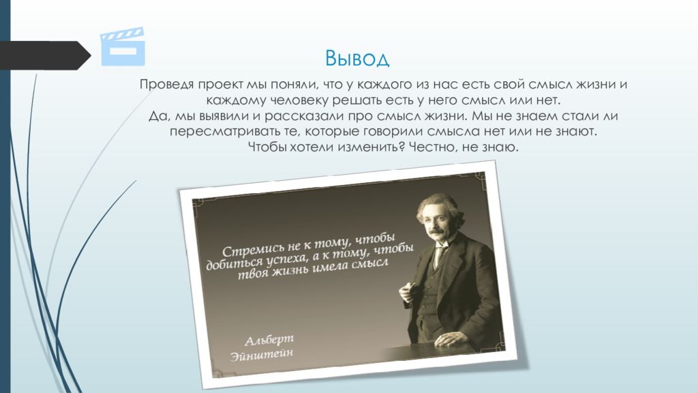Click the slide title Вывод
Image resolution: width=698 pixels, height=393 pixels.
click(x=357, y=59)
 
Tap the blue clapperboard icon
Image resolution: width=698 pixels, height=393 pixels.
click(x=123, y=46)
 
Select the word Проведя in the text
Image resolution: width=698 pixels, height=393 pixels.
click(x=166, y=85)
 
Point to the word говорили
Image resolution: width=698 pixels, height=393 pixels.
click(x=393, y=132)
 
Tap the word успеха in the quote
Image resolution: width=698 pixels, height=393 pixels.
click(x=286, y=258)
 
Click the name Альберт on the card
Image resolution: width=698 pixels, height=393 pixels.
click(x=269, y=340)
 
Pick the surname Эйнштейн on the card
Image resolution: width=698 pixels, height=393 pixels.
click(x=262, y=354)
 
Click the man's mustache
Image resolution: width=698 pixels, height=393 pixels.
click(x=436, y=232)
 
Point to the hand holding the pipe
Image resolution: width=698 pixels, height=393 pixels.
click(x=408, y=293)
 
